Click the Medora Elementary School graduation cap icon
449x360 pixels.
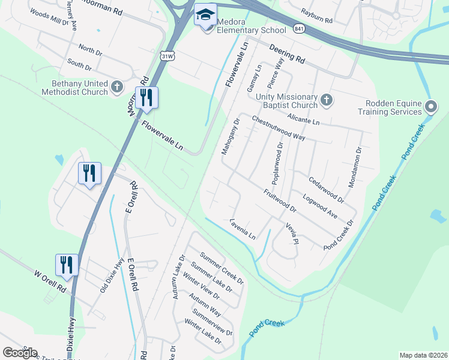click(205, 14)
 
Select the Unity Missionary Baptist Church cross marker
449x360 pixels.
click(327, 100)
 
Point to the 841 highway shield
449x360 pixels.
click(298, 28)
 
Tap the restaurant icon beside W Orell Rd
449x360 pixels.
click(67, 265)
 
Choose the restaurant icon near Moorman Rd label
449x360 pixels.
click(147, 97)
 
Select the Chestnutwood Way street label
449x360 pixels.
click(279, 128)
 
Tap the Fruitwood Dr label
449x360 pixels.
click(280, 200)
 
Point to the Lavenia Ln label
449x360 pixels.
click(243, 229)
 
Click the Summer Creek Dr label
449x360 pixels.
click(222, 268)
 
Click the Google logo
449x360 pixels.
click(19, 352)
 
